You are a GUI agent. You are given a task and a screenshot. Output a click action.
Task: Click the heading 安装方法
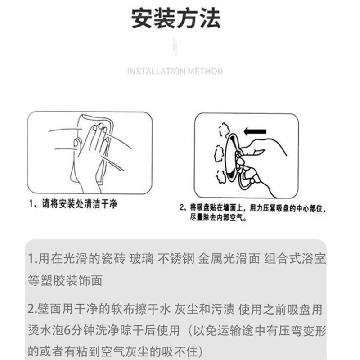(x=176, y=18)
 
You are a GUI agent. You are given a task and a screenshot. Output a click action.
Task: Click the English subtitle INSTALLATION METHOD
(x=175, y=71)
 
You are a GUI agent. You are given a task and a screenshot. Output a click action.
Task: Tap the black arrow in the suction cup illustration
(x=255, y=131)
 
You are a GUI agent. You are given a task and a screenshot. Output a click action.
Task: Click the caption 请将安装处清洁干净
(x=80, y=204)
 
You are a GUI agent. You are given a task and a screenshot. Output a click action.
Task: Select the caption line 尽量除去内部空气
(x=218, y=217)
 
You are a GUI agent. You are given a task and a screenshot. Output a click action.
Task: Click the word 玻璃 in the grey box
(x=141, y=259)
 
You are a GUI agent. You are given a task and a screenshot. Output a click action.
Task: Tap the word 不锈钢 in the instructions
(x=176, y=259)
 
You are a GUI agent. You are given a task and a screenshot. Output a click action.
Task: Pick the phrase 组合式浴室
(x=295, y=259)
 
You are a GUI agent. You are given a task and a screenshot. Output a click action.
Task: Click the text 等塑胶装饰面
(x=65, y=280)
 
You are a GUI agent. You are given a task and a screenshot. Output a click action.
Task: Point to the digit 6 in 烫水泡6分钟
(x=67, y=331)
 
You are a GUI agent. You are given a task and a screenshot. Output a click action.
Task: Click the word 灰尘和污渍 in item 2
(x=204, y=309)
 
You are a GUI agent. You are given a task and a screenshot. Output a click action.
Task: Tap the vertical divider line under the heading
(x=175, y=47)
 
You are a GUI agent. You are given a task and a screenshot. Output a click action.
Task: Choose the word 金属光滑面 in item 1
(x=229, y=259)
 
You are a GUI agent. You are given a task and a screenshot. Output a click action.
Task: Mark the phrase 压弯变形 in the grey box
(x=302, y=331)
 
